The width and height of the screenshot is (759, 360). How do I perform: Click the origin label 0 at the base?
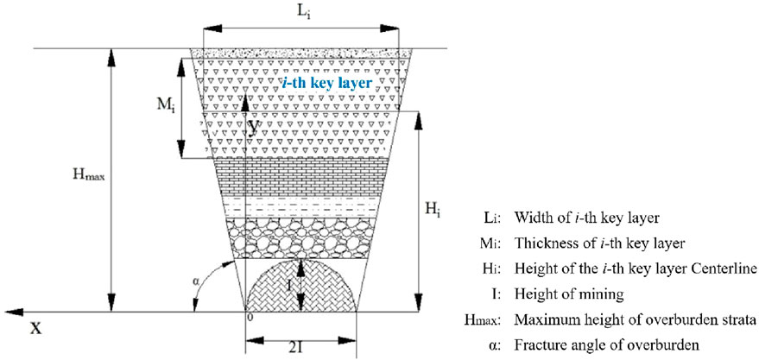coord(250,319)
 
